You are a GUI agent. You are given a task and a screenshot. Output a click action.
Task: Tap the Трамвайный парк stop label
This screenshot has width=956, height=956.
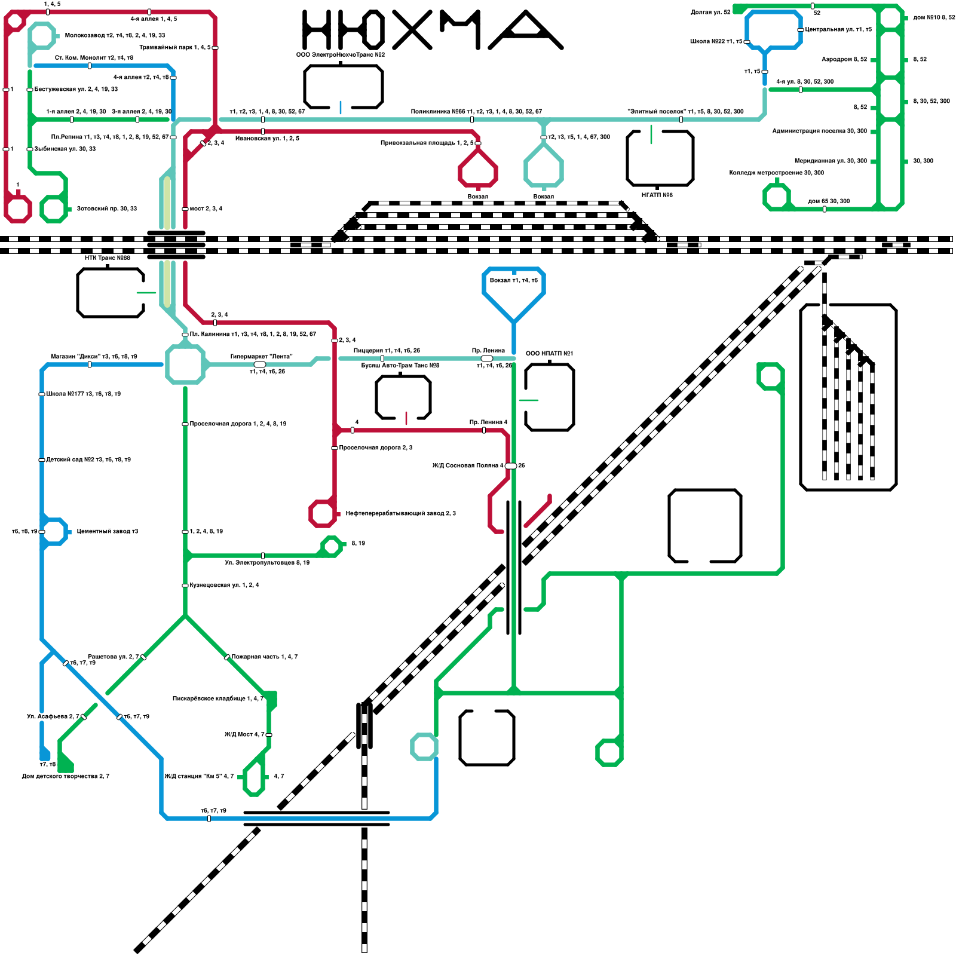(x=174, y=47)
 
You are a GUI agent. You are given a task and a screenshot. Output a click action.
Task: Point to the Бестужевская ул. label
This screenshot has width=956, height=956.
(x=76, y=90)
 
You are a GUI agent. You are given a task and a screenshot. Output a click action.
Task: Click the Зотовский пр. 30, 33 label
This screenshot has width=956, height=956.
(x=107, y=209)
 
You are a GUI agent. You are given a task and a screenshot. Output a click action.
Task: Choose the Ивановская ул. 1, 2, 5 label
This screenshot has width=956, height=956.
(x=267, y=139)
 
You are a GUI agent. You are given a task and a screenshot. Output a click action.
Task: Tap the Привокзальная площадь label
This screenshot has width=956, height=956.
(x=427, y=143)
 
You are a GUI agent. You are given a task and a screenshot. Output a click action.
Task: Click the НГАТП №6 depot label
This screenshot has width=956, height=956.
(x=657, y=195)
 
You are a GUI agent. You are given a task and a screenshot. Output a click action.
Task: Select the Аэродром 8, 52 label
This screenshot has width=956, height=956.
(x=844, y=60)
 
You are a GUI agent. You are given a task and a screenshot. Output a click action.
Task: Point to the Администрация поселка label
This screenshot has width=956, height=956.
(x=819, y=131)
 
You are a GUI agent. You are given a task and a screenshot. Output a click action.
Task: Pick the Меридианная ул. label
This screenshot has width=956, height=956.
(x=831, y=161)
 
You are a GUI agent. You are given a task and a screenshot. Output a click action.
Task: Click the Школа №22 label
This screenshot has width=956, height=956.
(x=716, y=42)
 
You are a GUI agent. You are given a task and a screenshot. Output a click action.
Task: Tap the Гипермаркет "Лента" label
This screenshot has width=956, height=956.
(x=261, y=357)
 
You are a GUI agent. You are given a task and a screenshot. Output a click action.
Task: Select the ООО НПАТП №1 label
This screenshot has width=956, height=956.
(x=549, y=354)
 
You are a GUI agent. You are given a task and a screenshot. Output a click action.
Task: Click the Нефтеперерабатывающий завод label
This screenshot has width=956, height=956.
(x=400, y=514)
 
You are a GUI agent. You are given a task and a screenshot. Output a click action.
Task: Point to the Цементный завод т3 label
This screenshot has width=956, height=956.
(x=108, y=532)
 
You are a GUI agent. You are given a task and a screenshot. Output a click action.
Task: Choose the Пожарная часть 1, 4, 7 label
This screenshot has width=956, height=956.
(x=265, y=657)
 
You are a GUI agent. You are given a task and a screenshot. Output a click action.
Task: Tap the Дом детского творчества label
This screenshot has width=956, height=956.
(x=66, y=777)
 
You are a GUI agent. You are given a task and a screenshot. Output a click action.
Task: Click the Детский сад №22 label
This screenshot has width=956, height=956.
(x=88, y=460)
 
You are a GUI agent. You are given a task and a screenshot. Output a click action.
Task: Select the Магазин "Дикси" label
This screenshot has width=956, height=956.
(x=94, y=357)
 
